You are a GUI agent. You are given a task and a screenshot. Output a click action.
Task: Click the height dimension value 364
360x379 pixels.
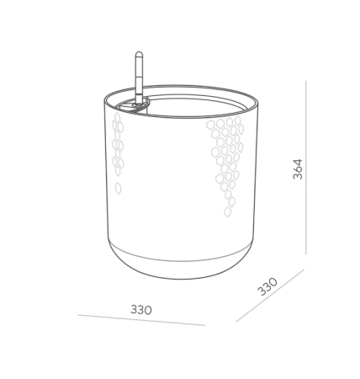click(298, 169)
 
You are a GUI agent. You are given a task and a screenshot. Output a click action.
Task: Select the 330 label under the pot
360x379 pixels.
click(141, 310)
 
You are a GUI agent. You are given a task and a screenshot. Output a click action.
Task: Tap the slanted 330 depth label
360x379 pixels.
click(267, 286)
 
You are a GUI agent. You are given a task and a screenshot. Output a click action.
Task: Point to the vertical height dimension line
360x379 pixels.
click(306, 168)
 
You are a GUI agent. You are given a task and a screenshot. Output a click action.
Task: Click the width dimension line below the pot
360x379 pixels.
click(141, 320)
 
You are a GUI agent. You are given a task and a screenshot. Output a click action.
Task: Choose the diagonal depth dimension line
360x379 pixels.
click(270, 296)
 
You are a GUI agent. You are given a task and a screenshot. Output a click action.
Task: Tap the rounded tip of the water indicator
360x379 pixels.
click(139, 53)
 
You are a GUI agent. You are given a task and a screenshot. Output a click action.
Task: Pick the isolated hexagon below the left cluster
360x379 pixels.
click(119, 188)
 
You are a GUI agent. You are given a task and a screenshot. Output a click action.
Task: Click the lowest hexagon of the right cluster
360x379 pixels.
click(227, 212)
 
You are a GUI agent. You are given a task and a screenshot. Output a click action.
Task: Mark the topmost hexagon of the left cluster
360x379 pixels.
click(117, 118)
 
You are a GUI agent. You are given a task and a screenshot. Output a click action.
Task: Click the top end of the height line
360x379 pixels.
click(306, 81)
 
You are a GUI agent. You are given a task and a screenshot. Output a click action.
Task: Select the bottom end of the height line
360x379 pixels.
click(306, 254)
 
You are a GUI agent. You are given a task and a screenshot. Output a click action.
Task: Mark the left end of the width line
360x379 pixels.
click(78, 315)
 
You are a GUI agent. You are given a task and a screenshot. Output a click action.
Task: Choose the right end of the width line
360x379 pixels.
click(205, 325)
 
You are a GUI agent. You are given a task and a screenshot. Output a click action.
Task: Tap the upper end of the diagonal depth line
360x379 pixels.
click(304, 270)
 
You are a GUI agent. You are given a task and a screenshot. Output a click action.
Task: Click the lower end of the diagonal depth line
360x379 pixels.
click(236, 322)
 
